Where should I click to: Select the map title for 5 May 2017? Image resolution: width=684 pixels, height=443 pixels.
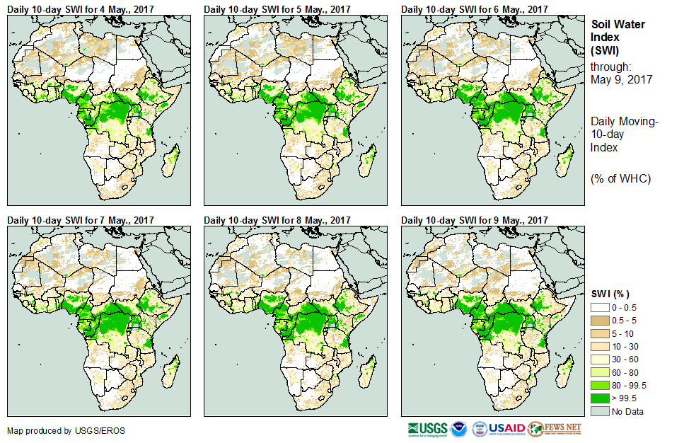(277, 9)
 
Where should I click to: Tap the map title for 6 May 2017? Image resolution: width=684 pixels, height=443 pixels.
(475, 9)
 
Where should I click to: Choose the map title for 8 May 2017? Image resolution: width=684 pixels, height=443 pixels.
(277, 220)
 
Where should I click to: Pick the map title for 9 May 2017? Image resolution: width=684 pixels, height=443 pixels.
(475, 220)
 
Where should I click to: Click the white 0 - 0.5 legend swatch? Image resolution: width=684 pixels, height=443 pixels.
(600, 308)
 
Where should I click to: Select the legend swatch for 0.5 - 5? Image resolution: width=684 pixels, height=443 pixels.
(600, 320)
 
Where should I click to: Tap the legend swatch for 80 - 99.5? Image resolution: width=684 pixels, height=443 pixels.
(600, 385)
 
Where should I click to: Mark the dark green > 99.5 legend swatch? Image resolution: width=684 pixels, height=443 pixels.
(600, 398)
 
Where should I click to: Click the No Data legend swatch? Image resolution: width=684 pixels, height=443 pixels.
(600, 411)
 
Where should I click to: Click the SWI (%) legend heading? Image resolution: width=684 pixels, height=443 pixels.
(610, 294)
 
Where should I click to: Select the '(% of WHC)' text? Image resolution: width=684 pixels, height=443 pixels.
(620, 178)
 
